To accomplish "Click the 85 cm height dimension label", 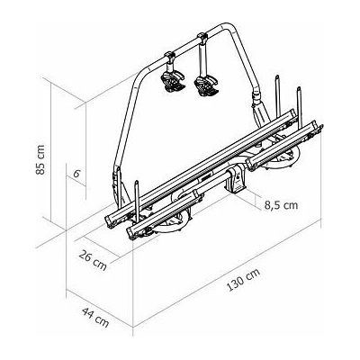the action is pos(40,159).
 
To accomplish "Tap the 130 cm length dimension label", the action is pos(243,280).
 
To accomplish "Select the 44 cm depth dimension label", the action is pos(95,318).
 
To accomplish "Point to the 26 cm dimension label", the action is pos(93,260).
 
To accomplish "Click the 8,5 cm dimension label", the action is pos(282,205).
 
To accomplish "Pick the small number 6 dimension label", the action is pos(76,174).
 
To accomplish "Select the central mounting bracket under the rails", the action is pos(237,182).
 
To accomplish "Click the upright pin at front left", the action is pos(137,201).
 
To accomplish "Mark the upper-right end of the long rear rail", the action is pos(292,115).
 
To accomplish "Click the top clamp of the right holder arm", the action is pos(202,38).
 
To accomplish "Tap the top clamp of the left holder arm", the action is pos(170,56).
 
